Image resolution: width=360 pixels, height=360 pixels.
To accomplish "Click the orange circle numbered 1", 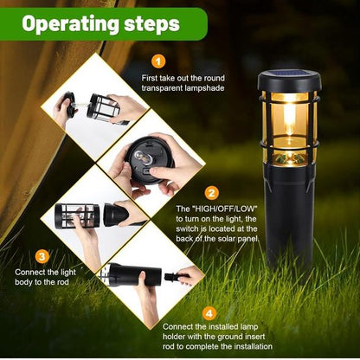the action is pyautogui.click(x=158, y=61).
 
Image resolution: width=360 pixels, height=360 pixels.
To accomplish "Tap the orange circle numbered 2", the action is pyautogui.click(x=212, y=193).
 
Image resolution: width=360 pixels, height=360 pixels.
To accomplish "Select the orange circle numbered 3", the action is pyautogui.click(x=42, y=256).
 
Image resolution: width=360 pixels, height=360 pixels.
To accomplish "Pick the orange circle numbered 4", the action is pyautogui.click(x=209, y=313).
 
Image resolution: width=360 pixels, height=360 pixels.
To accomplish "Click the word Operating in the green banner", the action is pyautogui.click(x=70, y=24).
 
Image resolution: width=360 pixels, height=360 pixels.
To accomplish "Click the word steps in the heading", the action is pyautogui.click(x=152, y=24).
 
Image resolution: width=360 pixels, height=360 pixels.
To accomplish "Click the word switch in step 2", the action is pyautogui.click(x=187, y=229).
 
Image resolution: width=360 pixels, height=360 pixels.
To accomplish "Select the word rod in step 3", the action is pyautogui.click(x=62, y=282).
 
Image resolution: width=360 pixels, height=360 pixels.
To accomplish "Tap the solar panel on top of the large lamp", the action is pyautogui.click(x=289, y=74).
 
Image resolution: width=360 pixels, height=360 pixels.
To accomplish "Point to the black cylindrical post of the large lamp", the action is pyautogui.click(x=289, y=219).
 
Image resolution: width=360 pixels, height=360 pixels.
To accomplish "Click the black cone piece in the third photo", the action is pyautogui.click(x=115, y=215).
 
